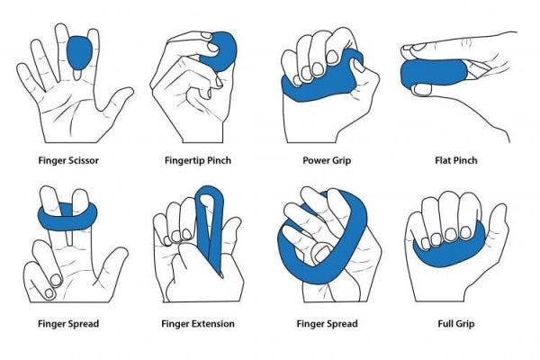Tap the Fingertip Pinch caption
pos(200,162)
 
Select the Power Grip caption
pos(328,162)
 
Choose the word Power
pos(316,162)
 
